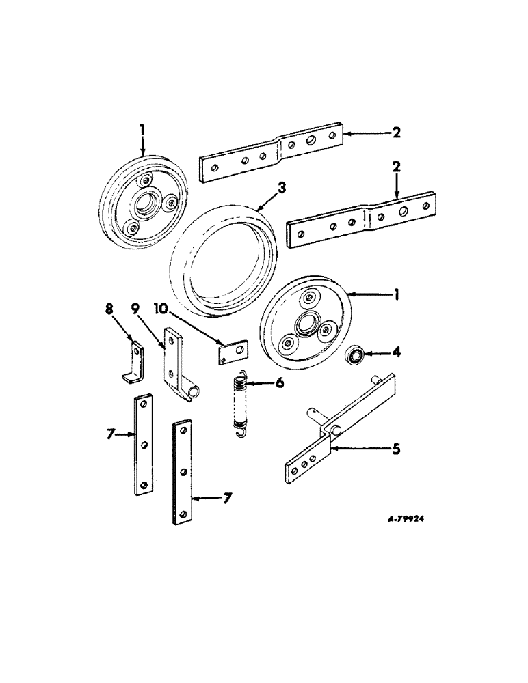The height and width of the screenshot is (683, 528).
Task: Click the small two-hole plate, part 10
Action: [x=233, y=353]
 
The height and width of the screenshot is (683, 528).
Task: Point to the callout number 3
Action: [x=282, y=187]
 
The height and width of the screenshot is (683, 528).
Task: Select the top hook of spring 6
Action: [x=239, y=374]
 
